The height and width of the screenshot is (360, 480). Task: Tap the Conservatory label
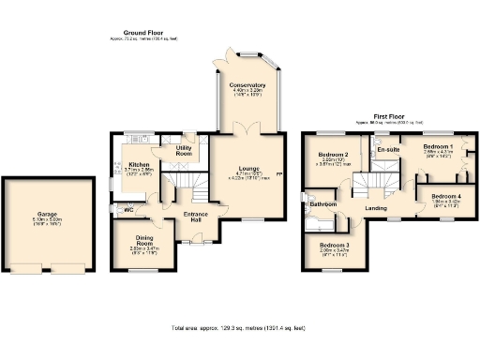tap(248, 85)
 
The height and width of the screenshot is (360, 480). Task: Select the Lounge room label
tap(247, 168)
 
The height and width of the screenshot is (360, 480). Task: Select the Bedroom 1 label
tap(438, 147)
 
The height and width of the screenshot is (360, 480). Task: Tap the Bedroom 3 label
tap(333, 245)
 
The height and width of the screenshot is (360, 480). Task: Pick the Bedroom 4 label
tap(446, 195)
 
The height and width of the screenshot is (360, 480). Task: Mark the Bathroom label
tap(323, 203)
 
